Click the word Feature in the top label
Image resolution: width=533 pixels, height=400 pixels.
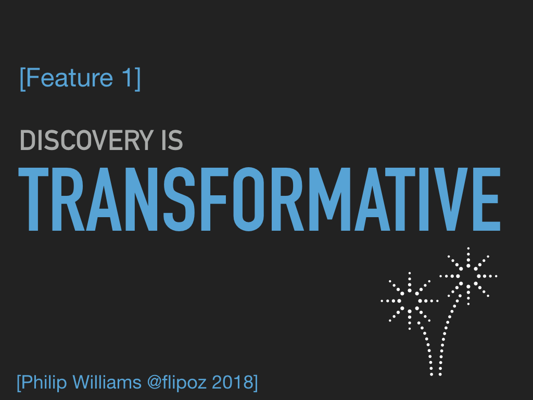tap(69, 78)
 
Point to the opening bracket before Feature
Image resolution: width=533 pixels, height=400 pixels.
tap(22, 79)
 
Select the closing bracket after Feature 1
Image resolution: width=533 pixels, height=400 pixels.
tap(137, 79)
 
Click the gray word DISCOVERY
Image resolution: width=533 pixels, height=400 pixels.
tap(87, 140)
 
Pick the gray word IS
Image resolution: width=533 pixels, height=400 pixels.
tap(172, 140)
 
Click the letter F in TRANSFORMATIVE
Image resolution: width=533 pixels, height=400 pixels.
tap(214, 199)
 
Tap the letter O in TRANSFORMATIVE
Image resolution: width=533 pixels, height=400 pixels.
tap(249, 199)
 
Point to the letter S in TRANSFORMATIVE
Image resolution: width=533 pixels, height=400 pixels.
tap(180, 199)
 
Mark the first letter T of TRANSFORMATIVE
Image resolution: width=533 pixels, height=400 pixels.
tap(33, 199)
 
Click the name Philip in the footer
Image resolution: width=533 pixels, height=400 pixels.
tap(44, 383)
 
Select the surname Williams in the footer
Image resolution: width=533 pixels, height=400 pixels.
tap(107, 382)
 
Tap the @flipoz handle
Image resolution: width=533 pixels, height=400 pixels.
tap(177, 383)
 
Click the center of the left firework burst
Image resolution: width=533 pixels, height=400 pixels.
tap(410, 301)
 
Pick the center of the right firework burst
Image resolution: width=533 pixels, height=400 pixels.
tap(468, 276)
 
